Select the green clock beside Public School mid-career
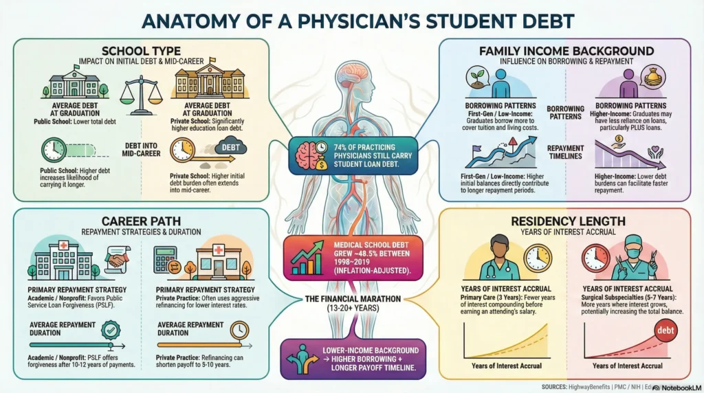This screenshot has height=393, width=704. point(54,150)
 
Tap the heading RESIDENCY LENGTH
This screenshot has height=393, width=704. point(567,221)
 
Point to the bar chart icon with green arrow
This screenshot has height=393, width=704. point(308,258)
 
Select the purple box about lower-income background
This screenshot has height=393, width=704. point(352,359)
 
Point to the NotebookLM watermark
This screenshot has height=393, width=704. point(676,388)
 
